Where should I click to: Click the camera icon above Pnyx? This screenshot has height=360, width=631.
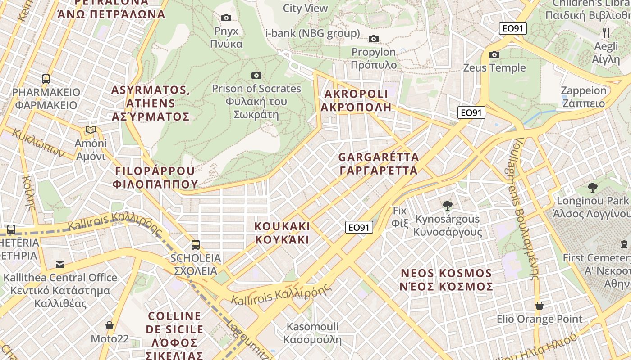(226, 18)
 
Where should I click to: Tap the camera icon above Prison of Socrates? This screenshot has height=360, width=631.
(256, 75)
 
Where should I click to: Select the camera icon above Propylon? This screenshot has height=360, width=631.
(374, 39)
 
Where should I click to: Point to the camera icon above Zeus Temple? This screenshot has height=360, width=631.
(494, 54)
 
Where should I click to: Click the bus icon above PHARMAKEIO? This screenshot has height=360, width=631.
(46, 79)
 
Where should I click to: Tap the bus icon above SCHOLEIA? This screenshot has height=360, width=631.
(195, 245)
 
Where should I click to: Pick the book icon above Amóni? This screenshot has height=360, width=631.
(91, 130)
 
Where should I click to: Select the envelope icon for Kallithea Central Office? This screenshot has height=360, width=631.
(59, 264)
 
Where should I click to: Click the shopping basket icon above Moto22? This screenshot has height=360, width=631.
(110, 325)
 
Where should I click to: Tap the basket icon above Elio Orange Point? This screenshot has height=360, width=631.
(540, 306)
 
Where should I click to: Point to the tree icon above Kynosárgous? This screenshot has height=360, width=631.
(447, 206)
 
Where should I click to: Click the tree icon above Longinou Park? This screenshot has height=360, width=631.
(592, 187)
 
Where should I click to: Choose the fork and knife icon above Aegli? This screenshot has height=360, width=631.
(606, 32)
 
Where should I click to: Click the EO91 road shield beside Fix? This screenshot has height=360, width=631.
(359, 227)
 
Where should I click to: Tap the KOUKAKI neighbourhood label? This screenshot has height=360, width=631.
(283, 232)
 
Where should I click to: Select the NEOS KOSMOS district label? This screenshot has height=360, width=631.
(446, 280)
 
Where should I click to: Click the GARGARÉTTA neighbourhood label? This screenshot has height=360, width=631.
(379, 164)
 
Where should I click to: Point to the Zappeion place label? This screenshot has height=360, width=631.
(584, 97)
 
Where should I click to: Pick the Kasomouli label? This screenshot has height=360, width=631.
(312, 333)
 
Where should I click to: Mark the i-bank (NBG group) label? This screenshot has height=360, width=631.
(312, 33)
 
